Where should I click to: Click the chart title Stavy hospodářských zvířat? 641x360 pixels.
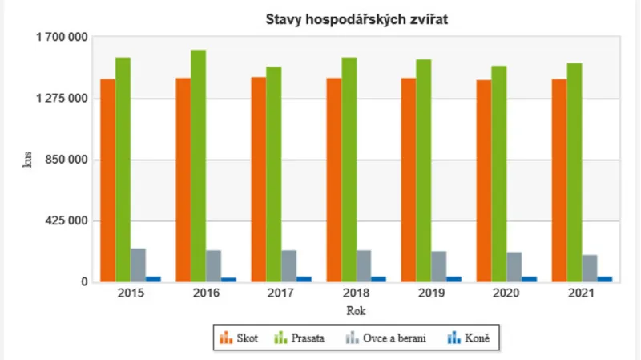coord(356,20)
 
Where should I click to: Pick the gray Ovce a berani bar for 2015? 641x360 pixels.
coord(139,265)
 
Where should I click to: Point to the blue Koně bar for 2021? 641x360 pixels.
coord(605,279)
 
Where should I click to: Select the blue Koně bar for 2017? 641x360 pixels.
coord(304,279)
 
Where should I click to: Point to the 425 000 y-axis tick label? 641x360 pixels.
coord(66,221)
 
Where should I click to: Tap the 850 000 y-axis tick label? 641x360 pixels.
coord(66,160)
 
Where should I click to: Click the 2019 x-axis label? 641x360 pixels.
coord(431,294)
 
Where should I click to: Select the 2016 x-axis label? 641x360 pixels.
coord(206,294)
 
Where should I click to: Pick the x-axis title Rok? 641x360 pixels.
coord(356,310)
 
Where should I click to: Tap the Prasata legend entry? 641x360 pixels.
coord(301,338)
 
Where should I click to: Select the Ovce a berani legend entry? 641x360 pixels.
coord(385,338)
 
